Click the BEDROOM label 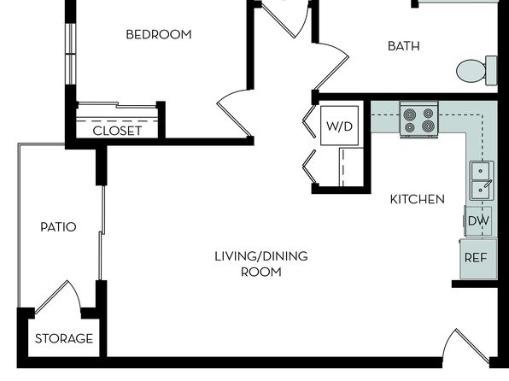coord(159,34)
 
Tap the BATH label coord(404,46)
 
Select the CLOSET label coord(117,131)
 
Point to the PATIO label coord(58,226)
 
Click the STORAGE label coord(64,338)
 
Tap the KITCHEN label coord(417,199)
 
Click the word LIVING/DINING coord(261,256)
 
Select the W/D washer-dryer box coord(340,126)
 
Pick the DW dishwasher coord(478,221)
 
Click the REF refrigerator coord(478,259)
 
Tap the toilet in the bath coord(477,71)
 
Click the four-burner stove coord(419,120)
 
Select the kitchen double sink coord(482,180)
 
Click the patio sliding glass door coord(102,232)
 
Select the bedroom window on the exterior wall coord(70,54)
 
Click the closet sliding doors coord(117,106)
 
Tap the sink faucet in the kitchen coord(488,184)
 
